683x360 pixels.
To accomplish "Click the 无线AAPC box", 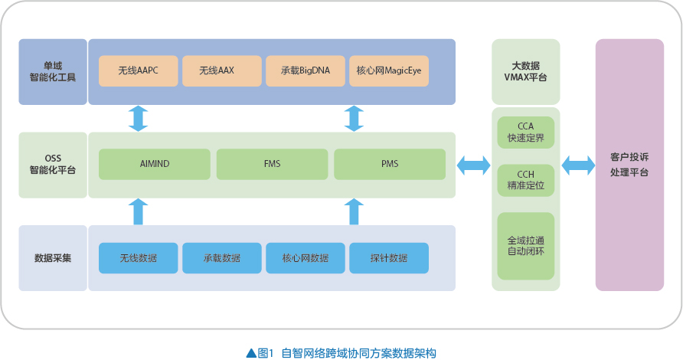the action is click(138, 70).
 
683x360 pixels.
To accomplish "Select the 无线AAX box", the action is click(222, 70).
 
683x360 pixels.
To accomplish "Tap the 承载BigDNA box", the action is click(306, 70).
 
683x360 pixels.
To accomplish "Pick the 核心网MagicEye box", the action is click(389, 70).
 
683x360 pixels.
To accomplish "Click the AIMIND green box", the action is click(155, 164).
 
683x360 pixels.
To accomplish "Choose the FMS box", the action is click(273, 164).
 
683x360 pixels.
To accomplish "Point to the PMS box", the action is click(390, 164).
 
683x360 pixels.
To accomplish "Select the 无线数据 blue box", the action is click(138, 258).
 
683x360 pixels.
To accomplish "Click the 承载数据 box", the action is click(222, 258).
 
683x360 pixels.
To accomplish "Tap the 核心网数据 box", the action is click(306, 258).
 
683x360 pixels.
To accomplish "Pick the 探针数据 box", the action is click(389, 258).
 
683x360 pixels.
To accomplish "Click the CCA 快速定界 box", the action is click(526, 132).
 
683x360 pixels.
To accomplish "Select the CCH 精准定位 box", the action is click(526, 180).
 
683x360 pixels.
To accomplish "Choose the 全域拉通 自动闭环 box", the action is click(526, 246).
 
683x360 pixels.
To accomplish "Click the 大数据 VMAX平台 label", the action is click(525, 71).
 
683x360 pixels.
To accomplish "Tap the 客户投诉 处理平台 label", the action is click(629, 165).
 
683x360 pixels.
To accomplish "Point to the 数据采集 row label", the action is click(53, 258).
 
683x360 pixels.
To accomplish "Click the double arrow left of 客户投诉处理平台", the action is click(578, 165).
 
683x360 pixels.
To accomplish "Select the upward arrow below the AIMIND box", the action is click(138, 212).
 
